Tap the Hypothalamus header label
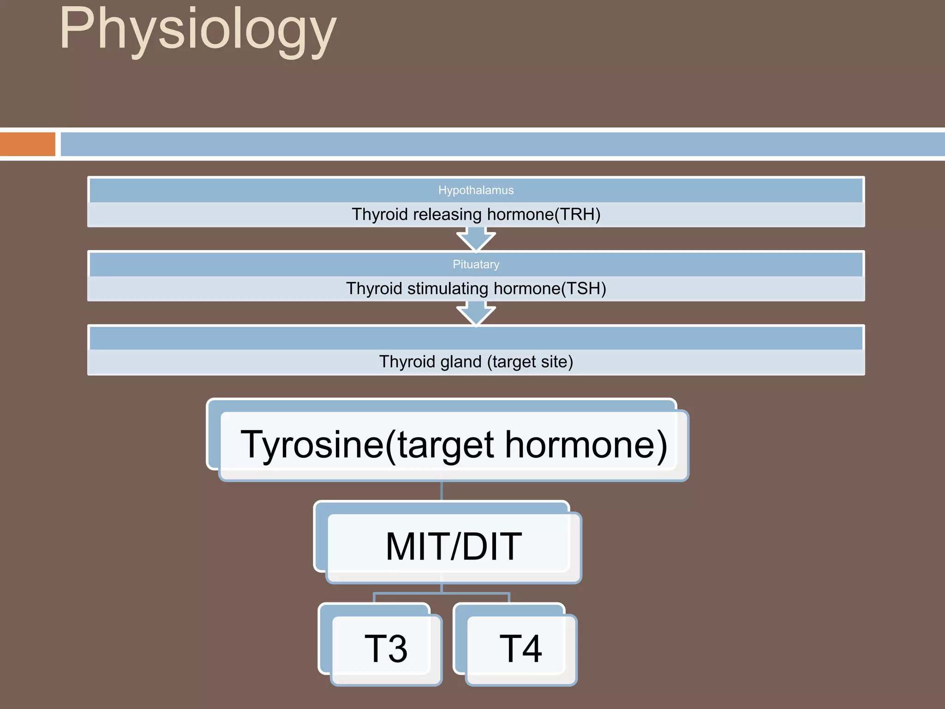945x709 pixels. click(x=476, y=190)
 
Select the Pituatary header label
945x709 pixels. click(x=476, y=264)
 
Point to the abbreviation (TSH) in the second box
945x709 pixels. click(x=583, y=289)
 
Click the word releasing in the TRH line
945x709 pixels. click(x=447, y=215)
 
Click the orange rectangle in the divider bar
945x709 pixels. click(x=27, y=144)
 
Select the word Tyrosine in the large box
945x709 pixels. click(x=312, y=445)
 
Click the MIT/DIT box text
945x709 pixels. click(x=454, y=547)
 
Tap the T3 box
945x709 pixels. click(x=386, y=649)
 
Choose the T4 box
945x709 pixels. click(x=520, y=649)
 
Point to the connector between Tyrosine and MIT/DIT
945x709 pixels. click(x=442, y=491)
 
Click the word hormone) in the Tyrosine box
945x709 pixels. click(x=586, y=445)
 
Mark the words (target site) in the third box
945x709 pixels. click(x=530, y=362)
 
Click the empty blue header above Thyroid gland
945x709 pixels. click(x=476, y=338)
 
